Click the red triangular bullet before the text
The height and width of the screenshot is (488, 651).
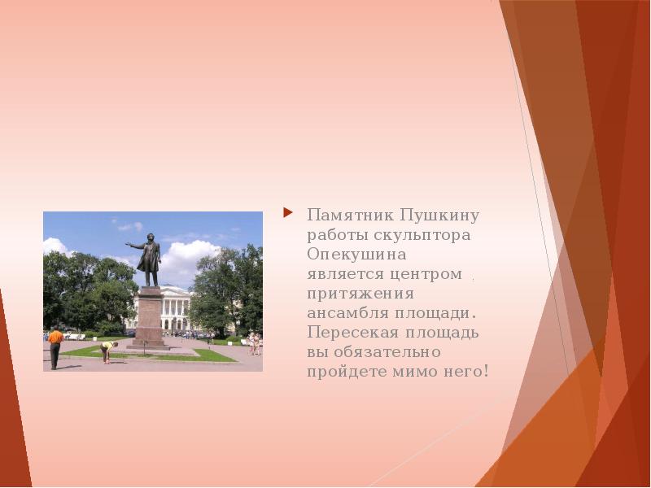pos(288,213)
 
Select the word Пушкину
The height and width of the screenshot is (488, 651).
pos(440,216)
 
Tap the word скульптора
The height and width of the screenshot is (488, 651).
pos(422,236)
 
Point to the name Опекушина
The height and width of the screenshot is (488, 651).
pos(356,255)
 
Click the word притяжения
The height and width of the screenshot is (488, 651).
pos(360,294)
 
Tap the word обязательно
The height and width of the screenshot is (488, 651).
pos(387,352)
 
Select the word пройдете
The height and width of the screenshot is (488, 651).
pos(347,372)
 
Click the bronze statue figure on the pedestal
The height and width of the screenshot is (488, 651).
pos(149,259)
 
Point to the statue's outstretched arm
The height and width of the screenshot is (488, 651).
pos(135,246)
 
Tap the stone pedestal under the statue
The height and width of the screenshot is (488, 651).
pos(149,317)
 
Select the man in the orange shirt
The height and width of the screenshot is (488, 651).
pos(55,347)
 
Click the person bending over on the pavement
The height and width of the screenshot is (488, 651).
pos(108,351)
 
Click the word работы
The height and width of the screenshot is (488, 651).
pos(338,236)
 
